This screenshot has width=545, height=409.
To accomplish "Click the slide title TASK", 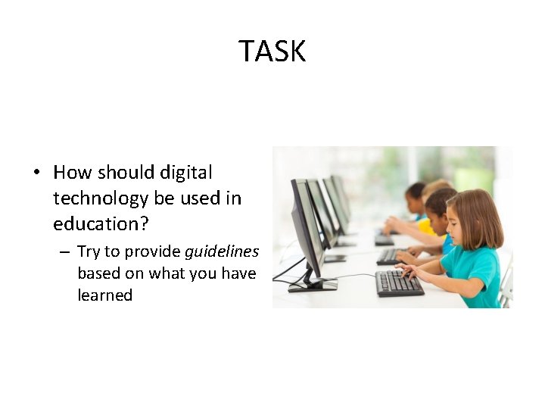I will coord(272,52).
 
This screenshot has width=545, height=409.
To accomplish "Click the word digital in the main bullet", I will coord(186,173).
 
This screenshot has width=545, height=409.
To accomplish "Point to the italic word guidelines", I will coord(222,251).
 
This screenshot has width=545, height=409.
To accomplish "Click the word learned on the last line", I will coord(104,295).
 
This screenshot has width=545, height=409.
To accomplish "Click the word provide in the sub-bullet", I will coord(152,251).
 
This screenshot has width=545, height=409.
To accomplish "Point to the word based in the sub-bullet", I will coord(98,273).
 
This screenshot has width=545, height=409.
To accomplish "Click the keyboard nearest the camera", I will coord(400,284).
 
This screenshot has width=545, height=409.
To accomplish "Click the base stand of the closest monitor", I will coord(312,286).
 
